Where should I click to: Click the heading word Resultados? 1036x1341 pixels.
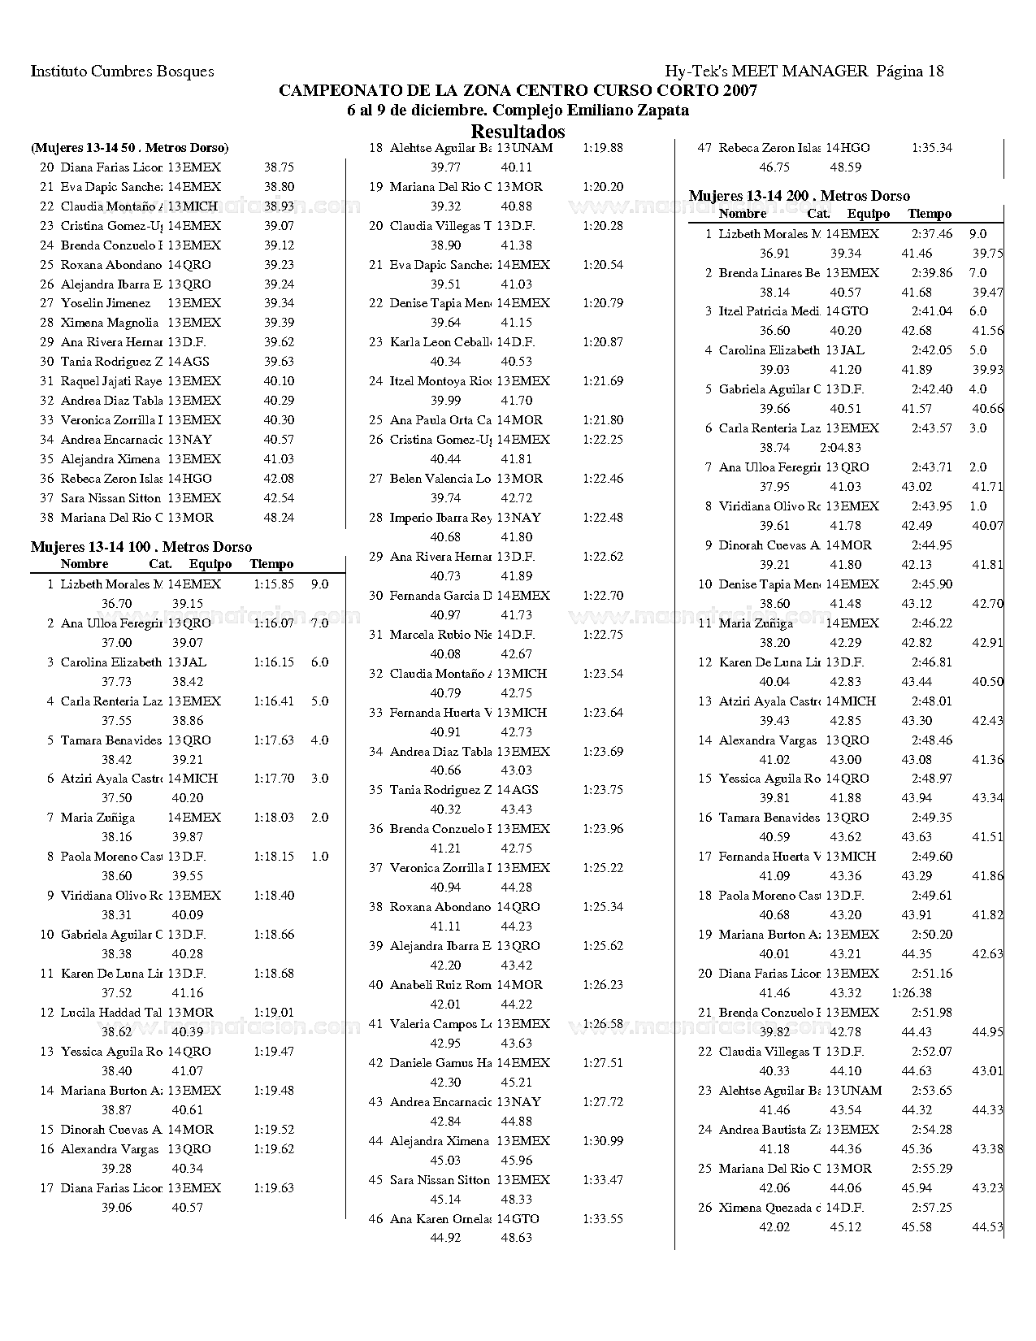point(518,131)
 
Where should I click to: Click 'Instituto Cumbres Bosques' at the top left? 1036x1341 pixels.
point(122,71)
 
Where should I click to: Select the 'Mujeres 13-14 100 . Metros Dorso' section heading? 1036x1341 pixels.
point(141,547)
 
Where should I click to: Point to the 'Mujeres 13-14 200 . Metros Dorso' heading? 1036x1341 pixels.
point(799,195)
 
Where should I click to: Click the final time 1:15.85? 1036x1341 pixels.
point(274,584)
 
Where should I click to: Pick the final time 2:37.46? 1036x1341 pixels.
point(932,233)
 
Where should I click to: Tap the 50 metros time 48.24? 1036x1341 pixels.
point(279,517)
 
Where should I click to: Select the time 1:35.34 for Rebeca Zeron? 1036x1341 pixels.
point(932,148)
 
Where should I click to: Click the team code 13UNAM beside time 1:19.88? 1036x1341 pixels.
point(525,148)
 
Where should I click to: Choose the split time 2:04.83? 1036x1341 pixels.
point(841,447)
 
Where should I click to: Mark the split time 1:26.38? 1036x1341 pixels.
point(912,992)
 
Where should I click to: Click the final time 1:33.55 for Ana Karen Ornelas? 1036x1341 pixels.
point(603,1218)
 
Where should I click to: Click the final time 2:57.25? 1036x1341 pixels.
point(932,1207)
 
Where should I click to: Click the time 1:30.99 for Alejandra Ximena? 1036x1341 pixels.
point(603,1140)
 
